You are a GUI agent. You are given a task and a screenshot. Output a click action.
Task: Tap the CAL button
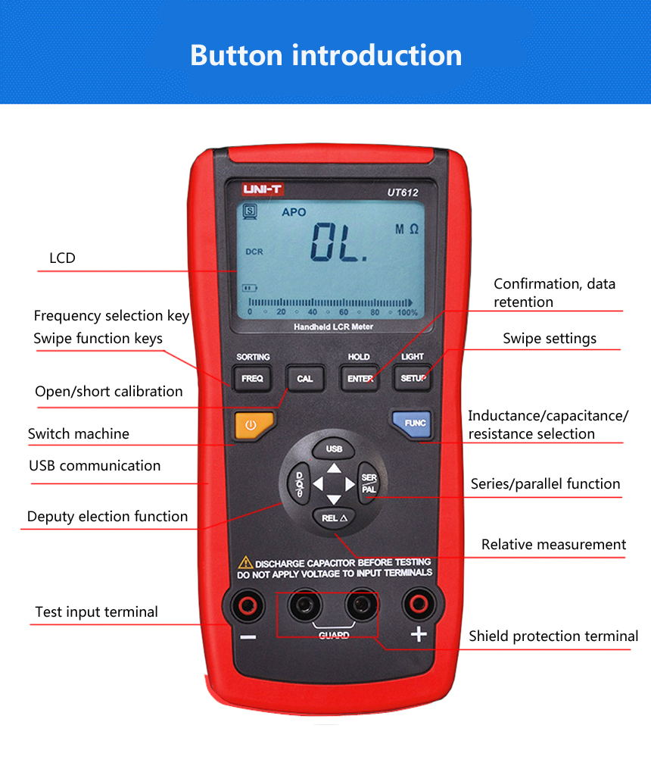(x=304, y=378)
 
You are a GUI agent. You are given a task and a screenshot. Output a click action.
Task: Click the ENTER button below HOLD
(x=359, y=378)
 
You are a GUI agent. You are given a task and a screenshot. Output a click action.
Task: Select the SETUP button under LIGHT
(x=413, y=378)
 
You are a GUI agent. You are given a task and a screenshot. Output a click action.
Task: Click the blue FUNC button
(x=411, y=424)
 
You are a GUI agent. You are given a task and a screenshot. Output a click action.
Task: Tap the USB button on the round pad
(x=334, y=449)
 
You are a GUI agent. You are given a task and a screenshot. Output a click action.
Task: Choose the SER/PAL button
(x=369, y=483)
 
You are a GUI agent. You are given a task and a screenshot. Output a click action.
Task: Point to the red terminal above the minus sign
(x=246, y=605)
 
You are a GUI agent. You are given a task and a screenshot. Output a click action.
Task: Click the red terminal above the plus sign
(x=419, y=605)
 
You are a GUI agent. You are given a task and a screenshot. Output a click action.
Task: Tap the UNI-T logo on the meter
(x=262, y=189)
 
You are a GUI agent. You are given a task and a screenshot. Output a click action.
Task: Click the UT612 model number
(x=397, y=192)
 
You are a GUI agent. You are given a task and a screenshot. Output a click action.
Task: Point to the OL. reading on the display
(x=339, y=242)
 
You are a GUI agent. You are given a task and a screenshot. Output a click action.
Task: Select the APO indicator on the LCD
(x=294, y=212)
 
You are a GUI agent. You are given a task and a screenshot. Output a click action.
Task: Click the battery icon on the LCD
(x=250, y=288)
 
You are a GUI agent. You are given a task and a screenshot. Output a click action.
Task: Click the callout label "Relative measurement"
(x=553, y=545)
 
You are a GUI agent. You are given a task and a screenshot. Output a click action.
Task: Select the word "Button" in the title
(x=236, y=55)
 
